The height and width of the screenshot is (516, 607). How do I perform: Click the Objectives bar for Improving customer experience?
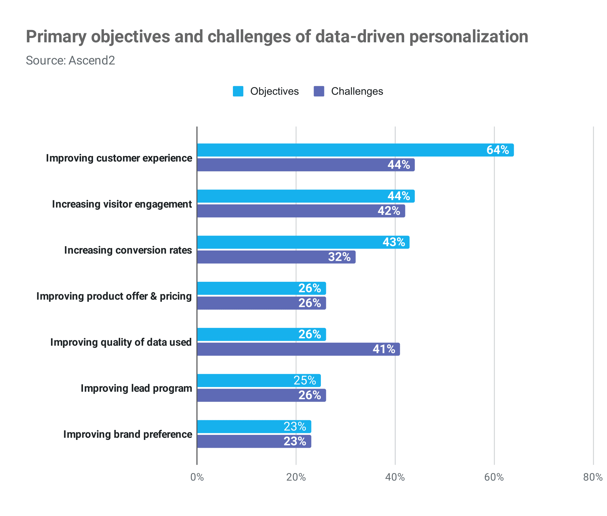[x=355, y=150]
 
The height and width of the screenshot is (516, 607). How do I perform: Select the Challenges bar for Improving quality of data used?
[x=298, y=349]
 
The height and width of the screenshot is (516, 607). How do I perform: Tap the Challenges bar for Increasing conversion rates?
[x=276, y=257]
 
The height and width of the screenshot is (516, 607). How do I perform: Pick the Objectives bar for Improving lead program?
[x=259, y=380]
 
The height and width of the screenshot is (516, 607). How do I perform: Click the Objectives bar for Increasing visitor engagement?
[x=306, y=196]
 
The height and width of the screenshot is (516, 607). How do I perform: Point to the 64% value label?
[x=497, y=150]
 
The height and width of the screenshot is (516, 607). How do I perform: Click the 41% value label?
[x=384, y=349]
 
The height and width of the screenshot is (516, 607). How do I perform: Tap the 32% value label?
[x=339, y=257]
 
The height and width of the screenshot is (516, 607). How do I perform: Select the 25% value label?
[x=305, y=380]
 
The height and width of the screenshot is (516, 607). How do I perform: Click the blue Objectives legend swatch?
[x=238, y=91]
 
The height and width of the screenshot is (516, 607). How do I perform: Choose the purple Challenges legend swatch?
[x=319, y=91]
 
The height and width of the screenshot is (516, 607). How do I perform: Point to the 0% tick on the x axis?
[x=197, y=477]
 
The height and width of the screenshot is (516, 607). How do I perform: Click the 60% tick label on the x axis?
[x=494, y=477]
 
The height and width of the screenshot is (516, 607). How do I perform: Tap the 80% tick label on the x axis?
[x=593, y=477]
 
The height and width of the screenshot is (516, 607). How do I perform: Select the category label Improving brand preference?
[x=128, y=434]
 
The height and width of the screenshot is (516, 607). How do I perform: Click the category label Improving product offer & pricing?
[x=114, y=296]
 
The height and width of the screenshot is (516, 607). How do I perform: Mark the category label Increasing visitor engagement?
[x=122, y=204]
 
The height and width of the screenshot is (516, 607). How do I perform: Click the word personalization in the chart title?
[x=469, y=37]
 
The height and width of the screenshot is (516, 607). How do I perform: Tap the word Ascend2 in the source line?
[x=92, y=60]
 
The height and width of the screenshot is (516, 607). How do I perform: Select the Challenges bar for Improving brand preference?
[x=254, y=441]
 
